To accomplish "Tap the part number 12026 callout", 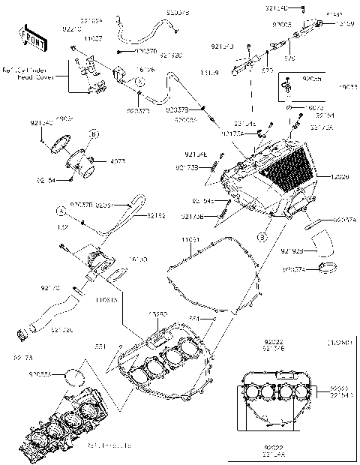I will [340, 177].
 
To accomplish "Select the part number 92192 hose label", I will [155, 215].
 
